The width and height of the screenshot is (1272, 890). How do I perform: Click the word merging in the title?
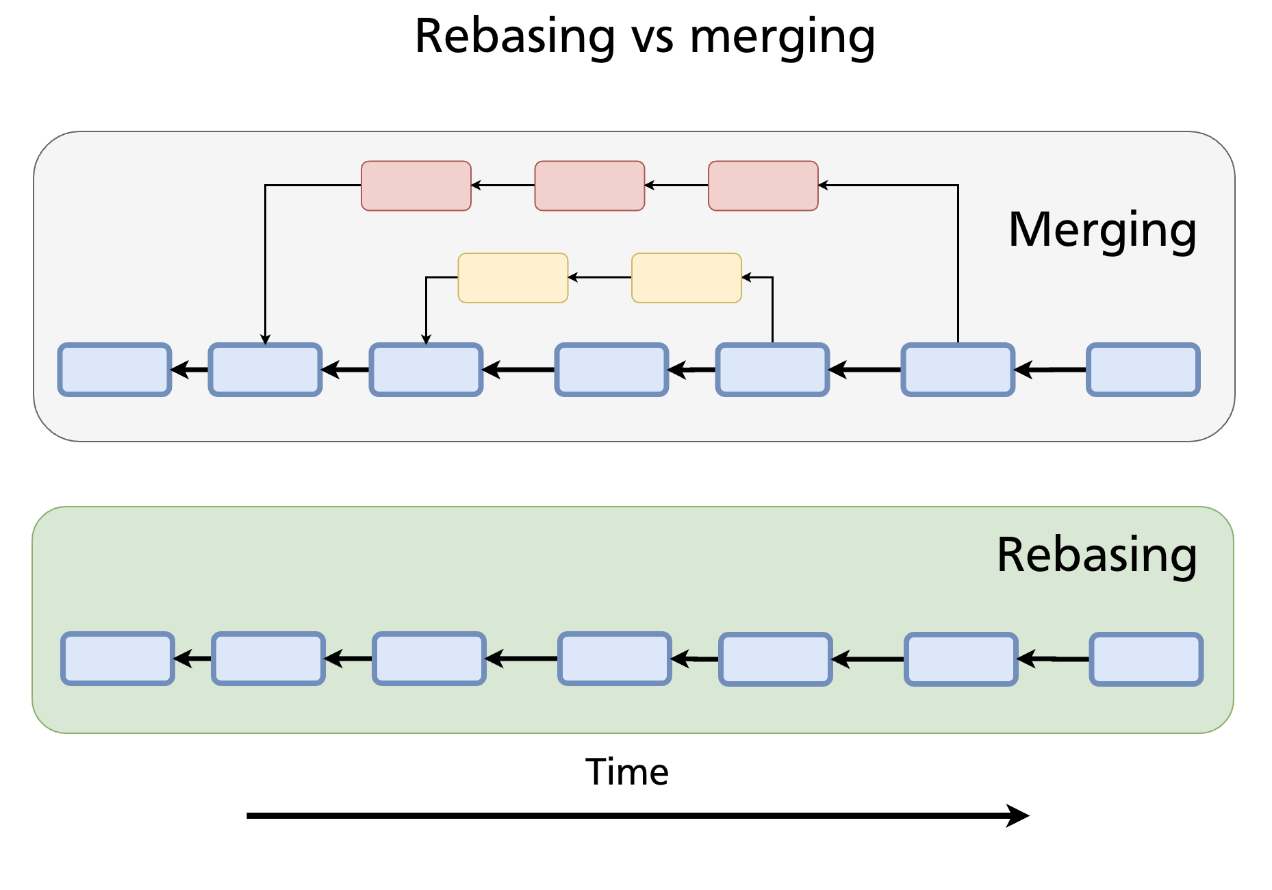[782, 37]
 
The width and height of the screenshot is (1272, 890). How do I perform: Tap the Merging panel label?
[1102, 230]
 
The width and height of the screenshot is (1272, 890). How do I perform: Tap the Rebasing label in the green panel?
[1097, 555]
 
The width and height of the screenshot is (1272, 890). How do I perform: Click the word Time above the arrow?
[626, 772]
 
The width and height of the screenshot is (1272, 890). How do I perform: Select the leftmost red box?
[416, 186]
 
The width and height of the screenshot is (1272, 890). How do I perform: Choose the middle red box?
[589, 186]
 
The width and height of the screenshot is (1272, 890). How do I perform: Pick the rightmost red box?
[763, 186]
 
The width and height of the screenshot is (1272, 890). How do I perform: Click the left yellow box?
[513, 278]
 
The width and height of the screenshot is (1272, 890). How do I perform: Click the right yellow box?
[686, 278]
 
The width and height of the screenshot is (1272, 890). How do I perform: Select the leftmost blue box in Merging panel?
[114, 370]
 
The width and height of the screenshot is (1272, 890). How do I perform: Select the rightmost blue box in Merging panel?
[1143, 370]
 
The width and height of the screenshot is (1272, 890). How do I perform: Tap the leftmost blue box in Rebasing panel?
[118, 659]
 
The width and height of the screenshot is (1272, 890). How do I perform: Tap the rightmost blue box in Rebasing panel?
[1146, 659]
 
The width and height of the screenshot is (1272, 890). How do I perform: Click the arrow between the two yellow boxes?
[600, 277]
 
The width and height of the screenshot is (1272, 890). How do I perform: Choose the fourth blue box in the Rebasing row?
[614, 659]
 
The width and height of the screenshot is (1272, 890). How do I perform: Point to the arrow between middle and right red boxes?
[676, 185]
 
